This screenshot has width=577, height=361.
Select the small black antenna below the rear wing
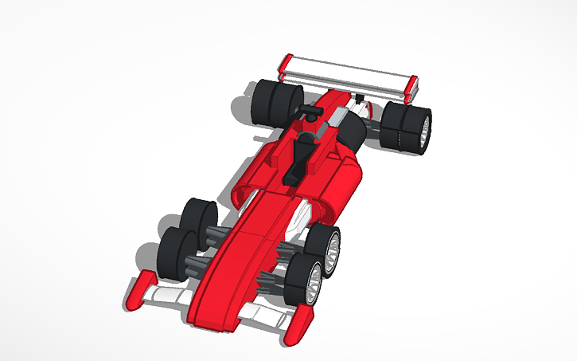360,99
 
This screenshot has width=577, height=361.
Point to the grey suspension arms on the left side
209,239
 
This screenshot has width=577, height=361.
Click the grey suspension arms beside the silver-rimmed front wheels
275,267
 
